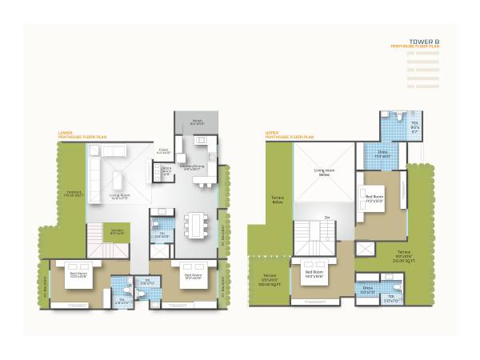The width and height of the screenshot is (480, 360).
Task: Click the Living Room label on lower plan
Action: click(x=120, y=196)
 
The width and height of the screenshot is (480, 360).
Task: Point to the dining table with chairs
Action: click(x=194, y=225)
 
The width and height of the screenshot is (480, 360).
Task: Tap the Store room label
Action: click(x=166, y=170)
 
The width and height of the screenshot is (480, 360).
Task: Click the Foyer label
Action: click(x=163, y=150)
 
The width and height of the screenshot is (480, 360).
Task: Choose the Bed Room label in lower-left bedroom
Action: click(x=78, y=274)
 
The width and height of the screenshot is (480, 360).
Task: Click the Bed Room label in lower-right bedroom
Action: click(x=194, y=274)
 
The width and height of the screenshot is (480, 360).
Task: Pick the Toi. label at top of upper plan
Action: click(x=415, y=126)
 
